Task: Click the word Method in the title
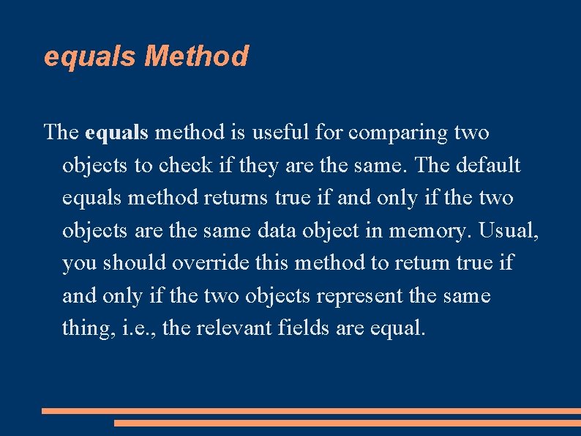[197, 56]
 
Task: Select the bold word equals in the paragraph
[117, 133]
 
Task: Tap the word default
[488, 166]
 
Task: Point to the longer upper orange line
[311, 411]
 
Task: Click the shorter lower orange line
[348, 423]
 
